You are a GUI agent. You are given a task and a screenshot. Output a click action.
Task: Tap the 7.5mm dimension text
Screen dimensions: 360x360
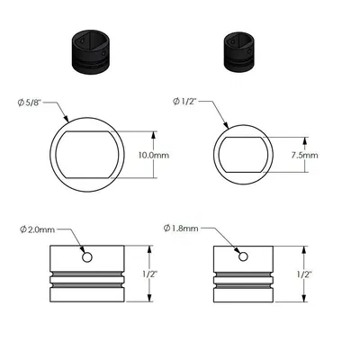click(305, 154)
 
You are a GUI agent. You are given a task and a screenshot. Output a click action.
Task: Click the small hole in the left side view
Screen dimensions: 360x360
click(87, 257)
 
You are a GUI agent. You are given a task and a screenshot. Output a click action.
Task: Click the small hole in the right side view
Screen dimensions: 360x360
click(241, 257)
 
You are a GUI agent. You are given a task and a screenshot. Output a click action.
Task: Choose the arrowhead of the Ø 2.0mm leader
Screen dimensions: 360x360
click(83, 253)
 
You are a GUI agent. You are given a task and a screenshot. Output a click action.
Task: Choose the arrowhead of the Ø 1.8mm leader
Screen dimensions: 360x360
click(238, 253)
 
